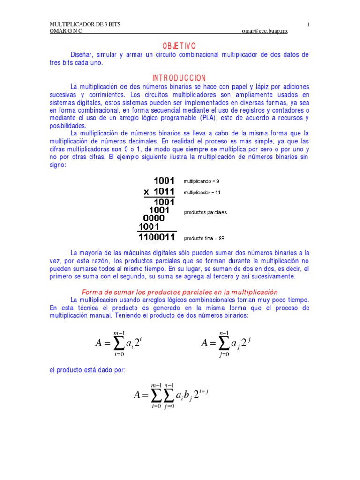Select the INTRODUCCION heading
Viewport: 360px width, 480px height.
(x=179, y=78)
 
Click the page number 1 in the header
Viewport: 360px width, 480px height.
(x=308, y=24)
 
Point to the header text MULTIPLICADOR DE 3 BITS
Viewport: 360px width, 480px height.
(x=85, y=24)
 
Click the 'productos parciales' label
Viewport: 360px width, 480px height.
(x=205, y=212)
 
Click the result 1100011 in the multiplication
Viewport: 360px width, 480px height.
(x=157, y=237)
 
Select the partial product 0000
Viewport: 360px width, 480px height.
(x=154, y=218)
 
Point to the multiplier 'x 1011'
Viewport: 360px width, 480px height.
(x=159, y=192)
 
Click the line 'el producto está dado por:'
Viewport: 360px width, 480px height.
(x=88, y=370)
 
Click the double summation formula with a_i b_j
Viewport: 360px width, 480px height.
(x=171, y=395)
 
